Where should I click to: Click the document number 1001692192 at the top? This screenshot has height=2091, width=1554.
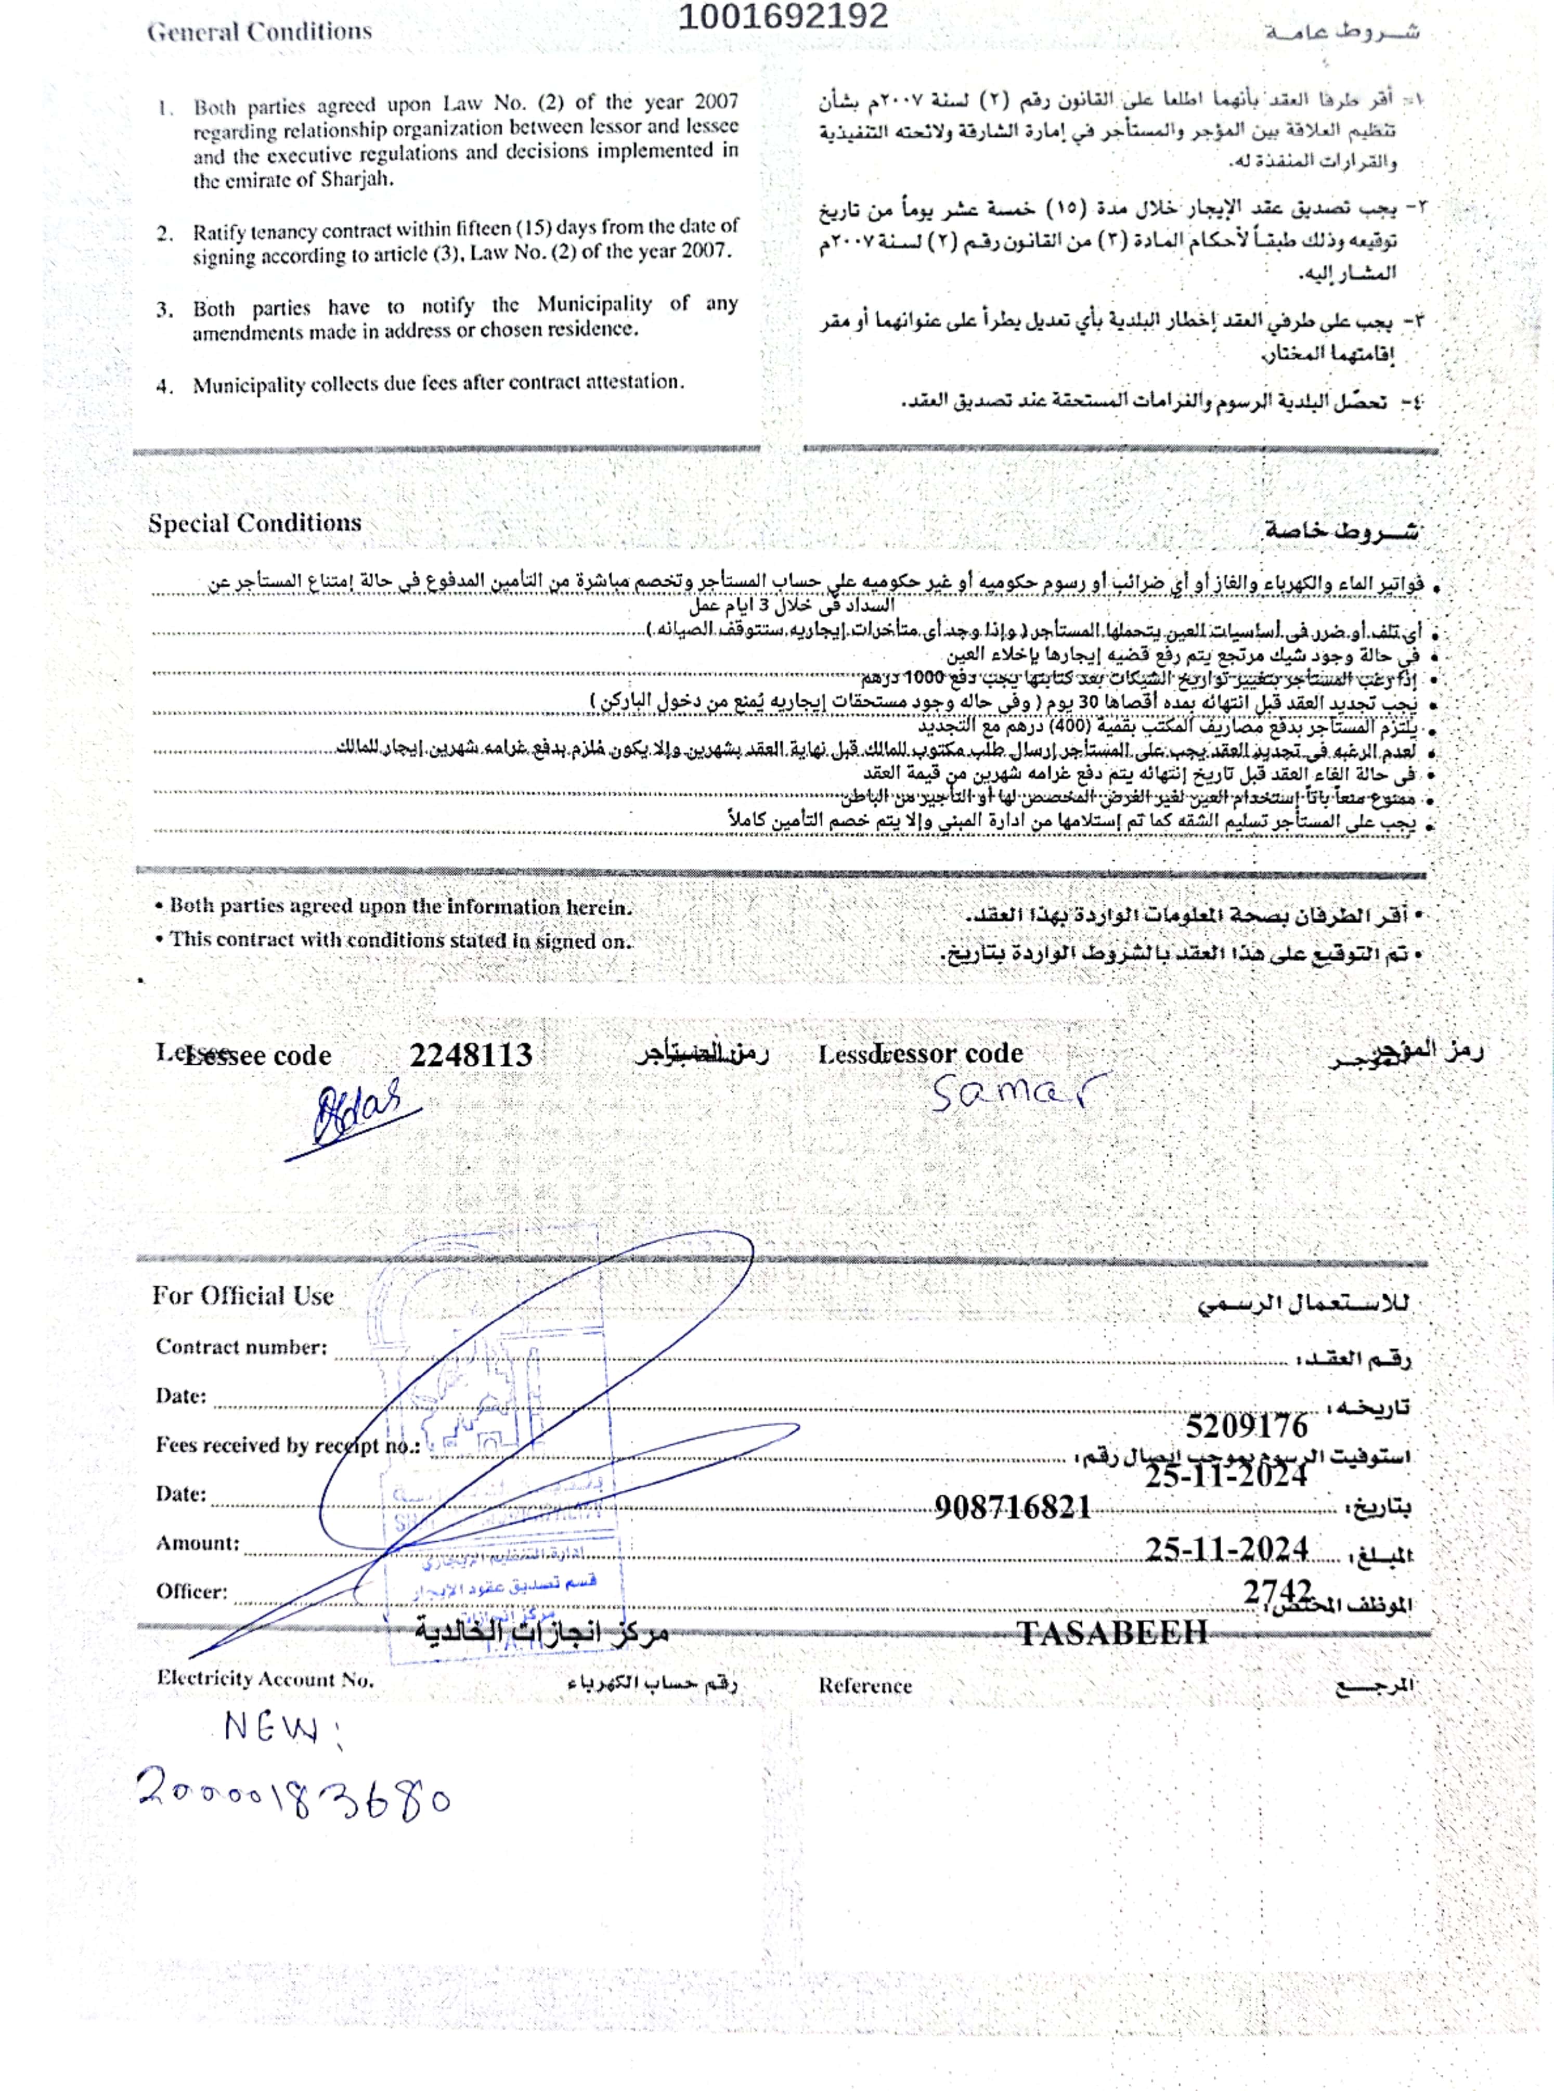783,17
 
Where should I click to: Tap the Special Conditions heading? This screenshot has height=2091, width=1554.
254,523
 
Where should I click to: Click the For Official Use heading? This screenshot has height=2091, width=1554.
243,1296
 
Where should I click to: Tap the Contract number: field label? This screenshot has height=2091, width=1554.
241,1347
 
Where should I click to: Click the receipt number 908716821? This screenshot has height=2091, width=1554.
1012,1508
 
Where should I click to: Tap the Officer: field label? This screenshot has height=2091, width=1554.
192,1592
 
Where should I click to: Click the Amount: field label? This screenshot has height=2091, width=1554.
198,1543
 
